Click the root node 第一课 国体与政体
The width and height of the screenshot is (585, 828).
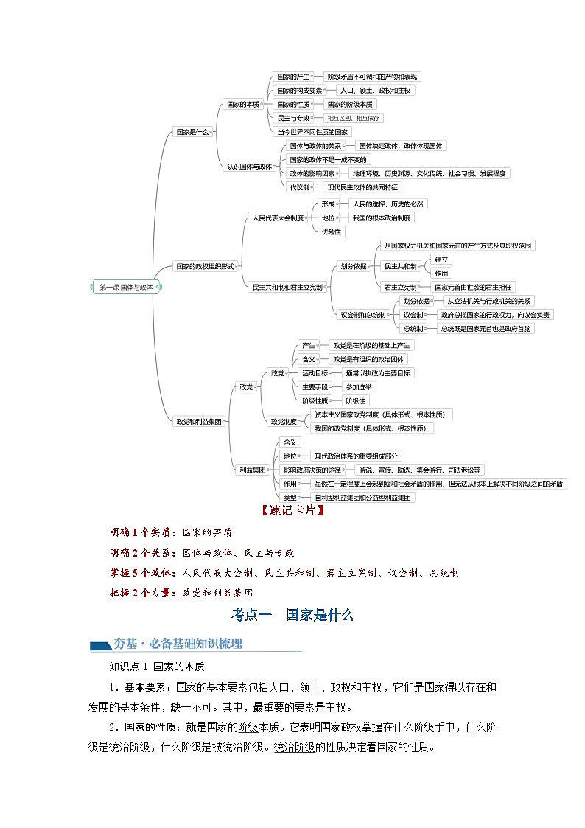click(126, 288)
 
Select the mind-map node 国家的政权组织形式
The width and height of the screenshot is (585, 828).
click(205, 266)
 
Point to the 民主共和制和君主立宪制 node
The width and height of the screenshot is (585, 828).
click(287, 287)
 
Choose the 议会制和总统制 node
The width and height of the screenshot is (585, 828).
click(362, 315)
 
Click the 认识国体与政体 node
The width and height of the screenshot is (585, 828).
click(249, 167)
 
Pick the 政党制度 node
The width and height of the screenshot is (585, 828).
click(284, 422)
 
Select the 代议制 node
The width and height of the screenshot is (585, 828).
click(299, 187)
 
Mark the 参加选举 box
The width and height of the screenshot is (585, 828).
click(360, 387)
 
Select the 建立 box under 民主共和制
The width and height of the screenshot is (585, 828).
click(441, 260)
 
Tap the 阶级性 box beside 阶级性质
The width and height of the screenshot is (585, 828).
click(356, 401)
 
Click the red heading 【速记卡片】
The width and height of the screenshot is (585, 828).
click(292, 511)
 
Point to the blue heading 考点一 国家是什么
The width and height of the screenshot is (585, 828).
click(292, 614)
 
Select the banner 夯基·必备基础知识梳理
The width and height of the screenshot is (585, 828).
click(177, 644)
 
